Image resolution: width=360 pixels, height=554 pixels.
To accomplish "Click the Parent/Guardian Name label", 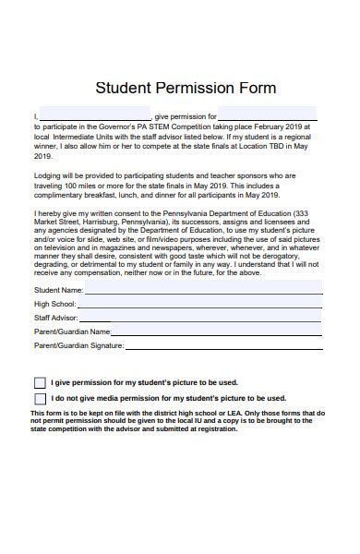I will pos(72,331).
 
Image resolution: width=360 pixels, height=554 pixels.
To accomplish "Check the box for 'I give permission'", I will pos(40,382).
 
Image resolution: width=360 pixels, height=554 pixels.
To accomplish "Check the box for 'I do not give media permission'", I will pos(40,399).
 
